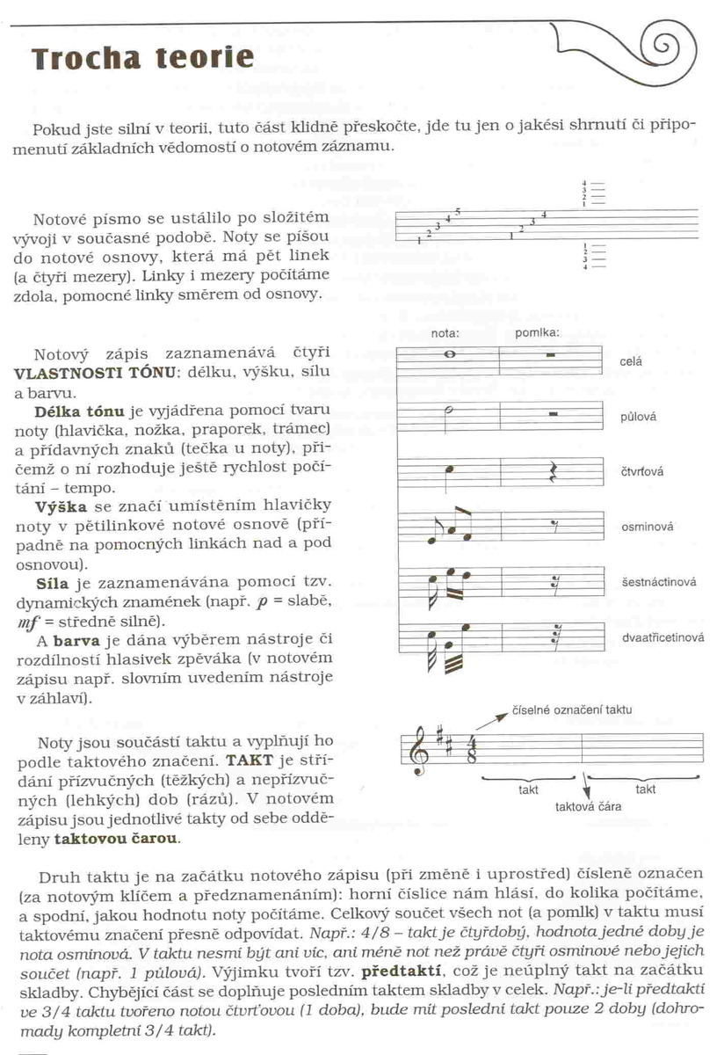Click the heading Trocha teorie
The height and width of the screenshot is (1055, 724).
(142, 58)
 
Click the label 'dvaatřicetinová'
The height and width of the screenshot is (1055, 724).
(663, 638)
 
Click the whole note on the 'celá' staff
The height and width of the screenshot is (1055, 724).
(450, 355)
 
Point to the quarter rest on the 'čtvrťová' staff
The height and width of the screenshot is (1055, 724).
(553, 473)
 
